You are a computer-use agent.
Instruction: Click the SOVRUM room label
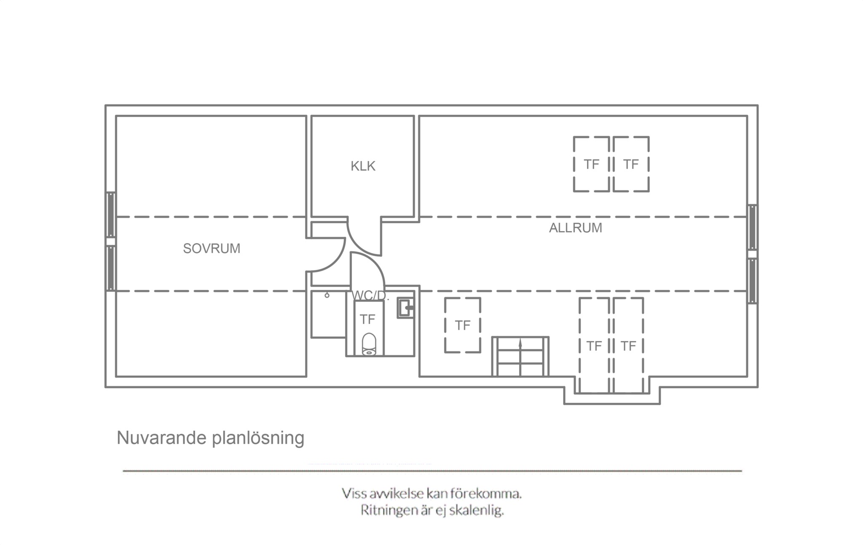[212, 249]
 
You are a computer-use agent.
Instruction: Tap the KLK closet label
[363, 166]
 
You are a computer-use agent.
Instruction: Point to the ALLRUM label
[575, 228]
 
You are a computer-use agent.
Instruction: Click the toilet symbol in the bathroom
[369, 344]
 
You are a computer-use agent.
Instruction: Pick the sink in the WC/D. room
[406, 308]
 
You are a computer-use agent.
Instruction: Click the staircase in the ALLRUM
[520, 356]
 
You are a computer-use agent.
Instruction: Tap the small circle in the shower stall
[327, 295]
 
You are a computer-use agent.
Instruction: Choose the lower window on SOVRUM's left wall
[111, 268]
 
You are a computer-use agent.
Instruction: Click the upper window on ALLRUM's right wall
[752, 227]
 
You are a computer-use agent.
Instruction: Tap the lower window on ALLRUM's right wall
[752, 281]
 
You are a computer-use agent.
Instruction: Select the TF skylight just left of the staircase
[463, 325]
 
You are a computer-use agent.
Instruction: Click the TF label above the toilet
[367, 319]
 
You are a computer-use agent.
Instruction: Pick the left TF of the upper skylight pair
[591, 164]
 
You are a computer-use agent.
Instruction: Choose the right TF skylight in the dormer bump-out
[628, 346]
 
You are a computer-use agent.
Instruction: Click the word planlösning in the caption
[258, 439]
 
